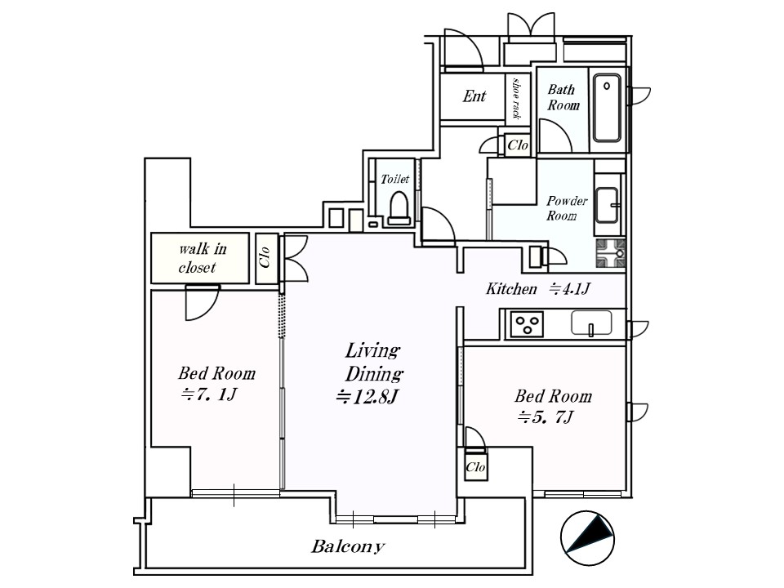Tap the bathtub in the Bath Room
pyautogui.click(x=608, y=108)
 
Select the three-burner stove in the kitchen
pyautogui.click(x=527, y=324)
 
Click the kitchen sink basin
pyautogui.click(x=591, y=323)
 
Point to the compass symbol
pyautogui.click(x=587, y=538)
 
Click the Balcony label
pyautogui.click(x=348, y=546)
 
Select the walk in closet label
pyautogui.click(x=202, y=257)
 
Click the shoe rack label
pyautogui.click(x=516, y=98)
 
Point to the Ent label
pyautogui.click(x=474, y=96)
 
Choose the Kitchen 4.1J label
pyautogui.click(x=538, y=288)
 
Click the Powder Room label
pyautogui.click(x=565, y=208)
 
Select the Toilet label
pyautogui.click(x=394, y=179)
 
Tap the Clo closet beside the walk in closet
pyautogui.click(x=265, y=257)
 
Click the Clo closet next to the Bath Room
pyautogui.click(x=518, y=145)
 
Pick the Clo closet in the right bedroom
pyautogui.click(x=475, y=467)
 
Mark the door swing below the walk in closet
pyautogui.click(x=202, y=302)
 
